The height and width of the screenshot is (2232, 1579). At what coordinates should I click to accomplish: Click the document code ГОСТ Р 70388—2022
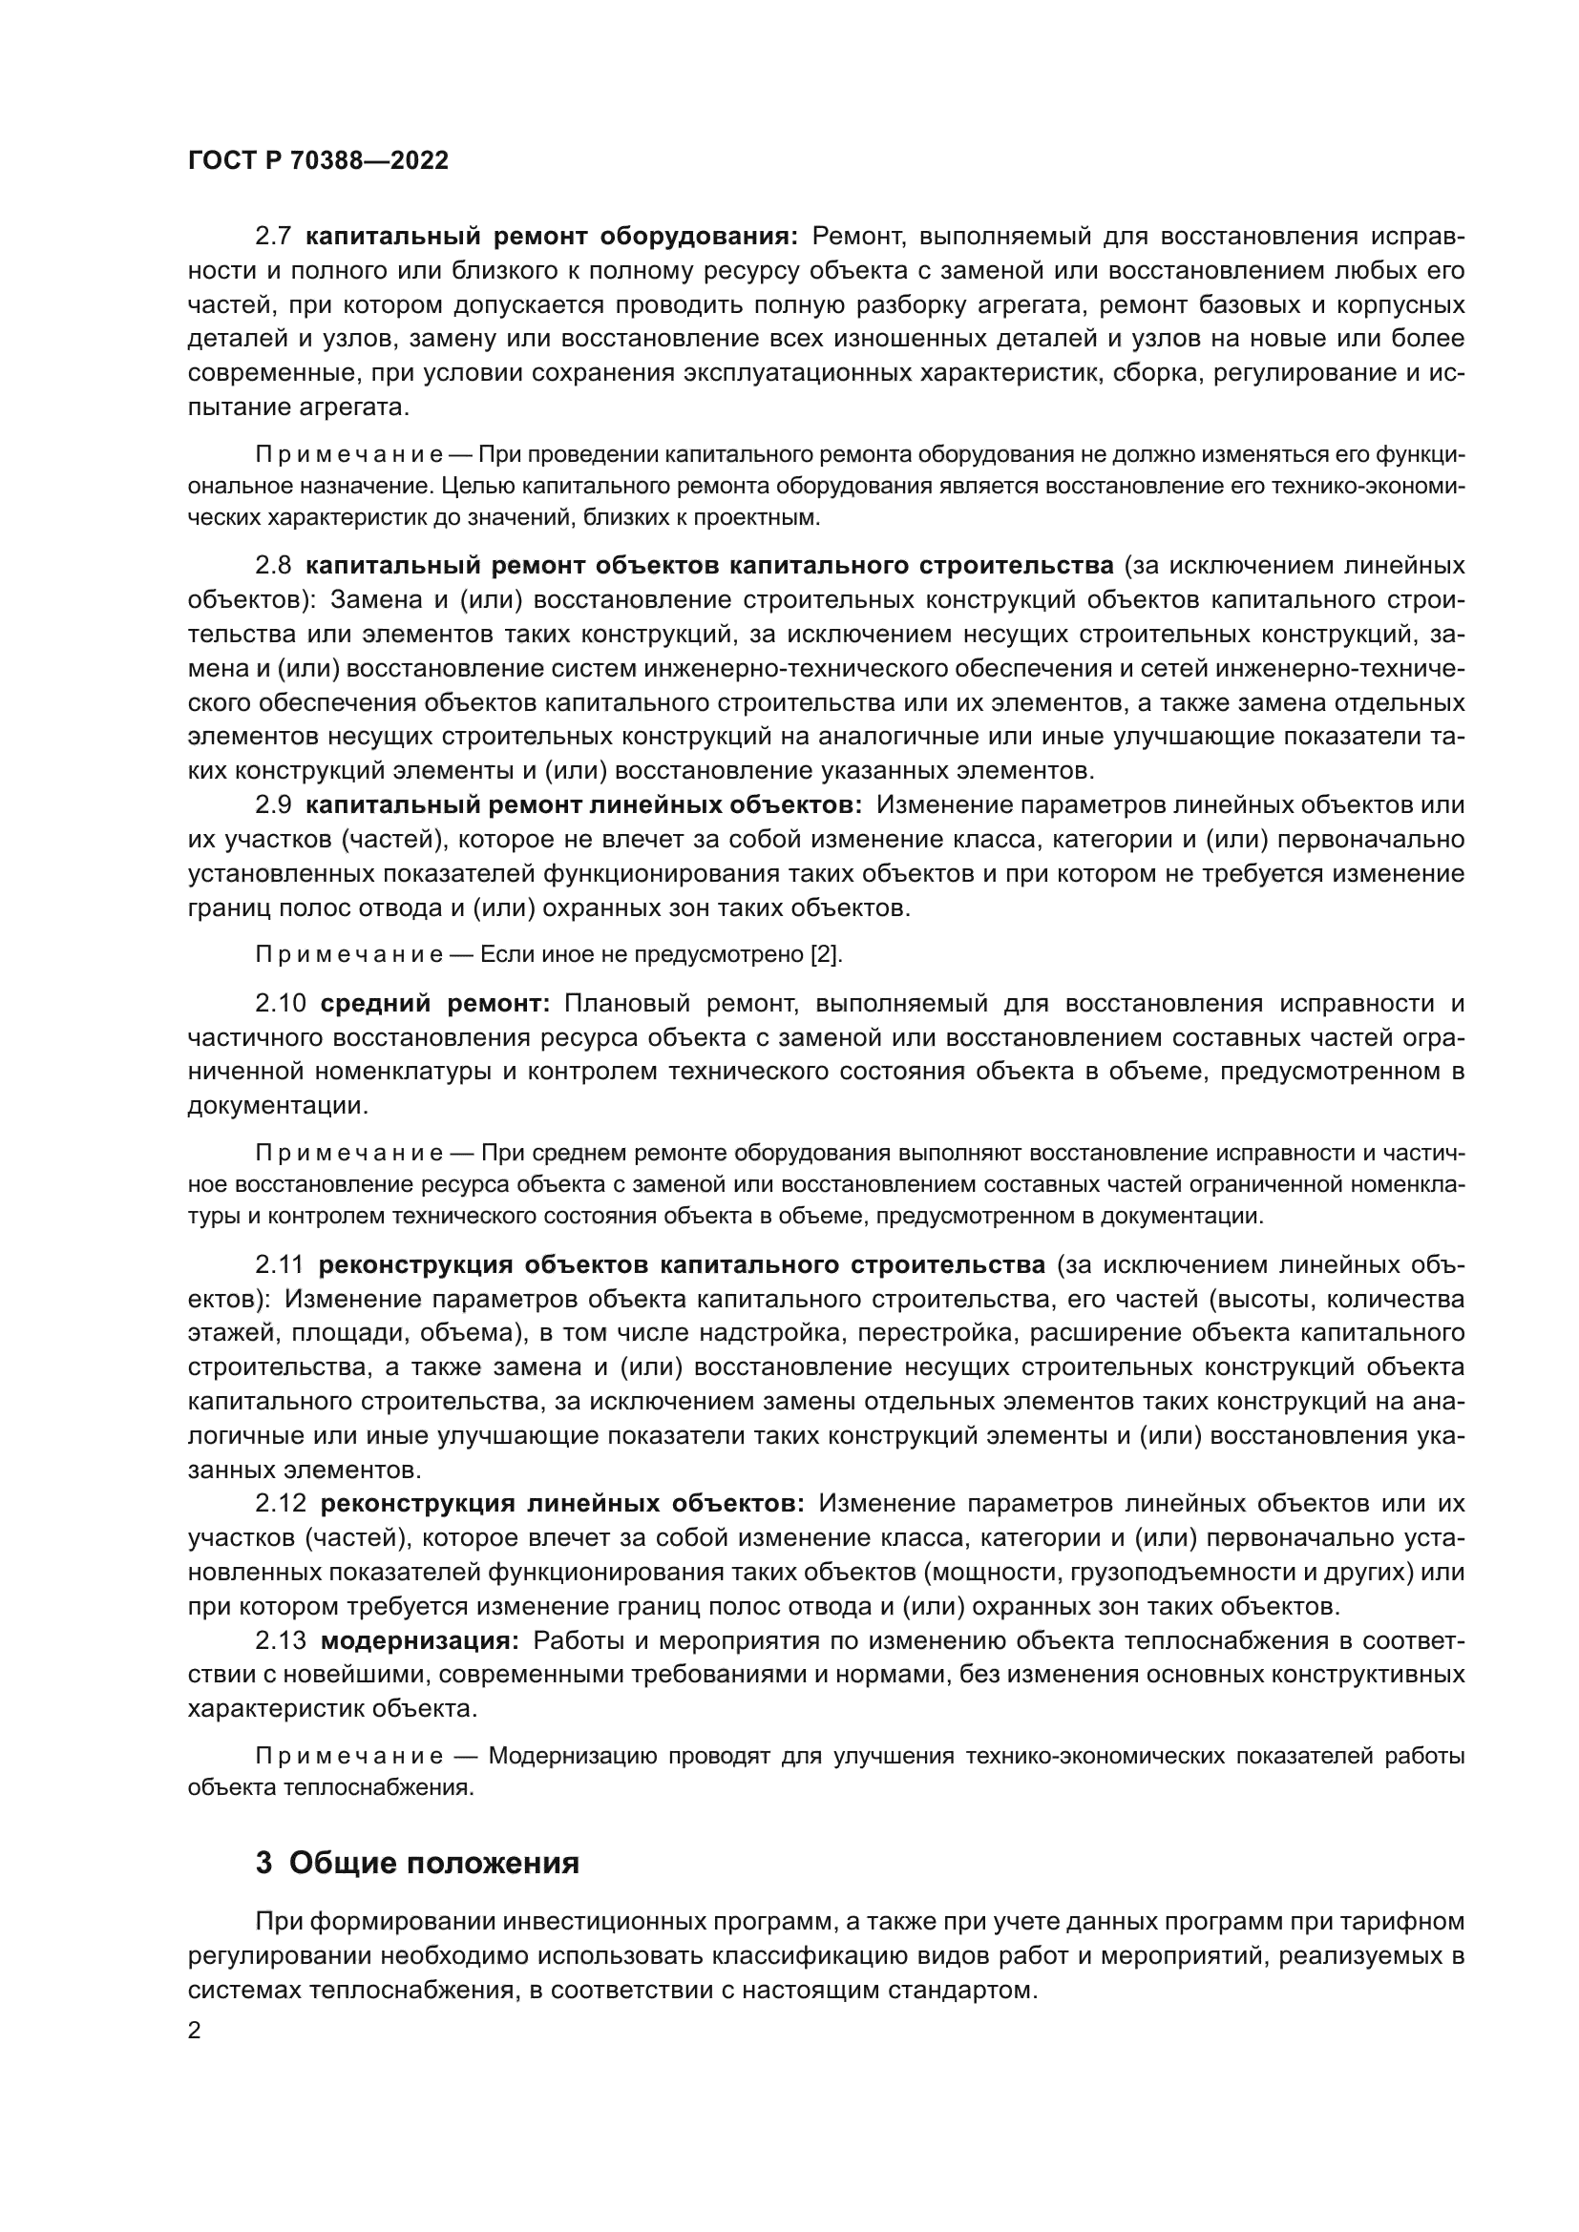pyautogui.click(x=318, y=161)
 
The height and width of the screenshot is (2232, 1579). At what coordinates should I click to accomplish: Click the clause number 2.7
pyautogui.click(x=273, y=237)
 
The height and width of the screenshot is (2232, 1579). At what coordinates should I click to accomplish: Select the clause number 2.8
pyautogui.click(x=273, y=566)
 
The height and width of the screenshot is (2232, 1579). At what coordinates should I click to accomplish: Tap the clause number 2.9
pyautogui.click(x=273, y=805)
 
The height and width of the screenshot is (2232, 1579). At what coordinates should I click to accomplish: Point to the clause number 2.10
pyautogui.click(x=281, y=1003)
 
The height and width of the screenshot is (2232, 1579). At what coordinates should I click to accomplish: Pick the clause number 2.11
pyautogui.click(x=280, y=1264)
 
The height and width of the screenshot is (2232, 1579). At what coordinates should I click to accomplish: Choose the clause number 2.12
pyautogui.click(x=281, y=1504)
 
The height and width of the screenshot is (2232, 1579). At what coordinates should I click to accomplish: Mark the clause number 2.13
pyautogui.click(x=281, y=1641)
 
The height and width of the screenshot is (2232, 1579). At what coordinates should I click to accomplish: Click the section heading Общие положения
pyautogui.click(x=433, y=1864)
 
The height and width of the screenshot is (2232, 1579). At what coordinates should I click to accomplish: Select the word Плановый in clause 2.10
pyautogui.click(x=626, y=1003)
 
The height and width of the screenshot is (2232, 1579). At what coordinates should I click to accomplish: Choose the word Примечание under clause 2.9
pyautogui.click(x=349, y=954)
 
